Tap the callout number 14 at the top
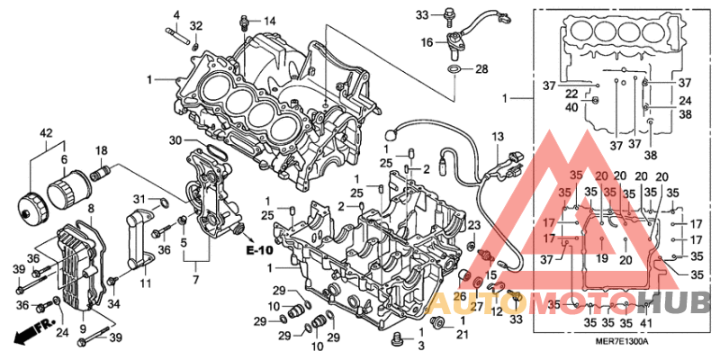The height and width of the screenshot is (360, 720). coord(269,21)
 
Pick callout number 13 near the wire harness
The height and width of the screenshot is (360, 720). coord(497,136)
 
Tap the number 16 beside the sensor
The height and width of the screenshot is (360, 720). coord(427,42)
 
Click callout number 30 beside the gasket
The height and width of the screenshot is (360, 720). coord(175,139)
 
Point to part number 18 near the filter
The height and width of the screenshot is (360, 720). coord(102,150)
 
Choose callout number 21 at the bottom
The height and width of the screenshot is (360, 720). coord(463,335)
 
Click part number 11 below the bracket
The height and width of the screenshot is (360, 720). coord(146,283)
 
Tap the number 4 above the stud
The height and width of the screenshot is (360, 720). coord(176,14)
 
